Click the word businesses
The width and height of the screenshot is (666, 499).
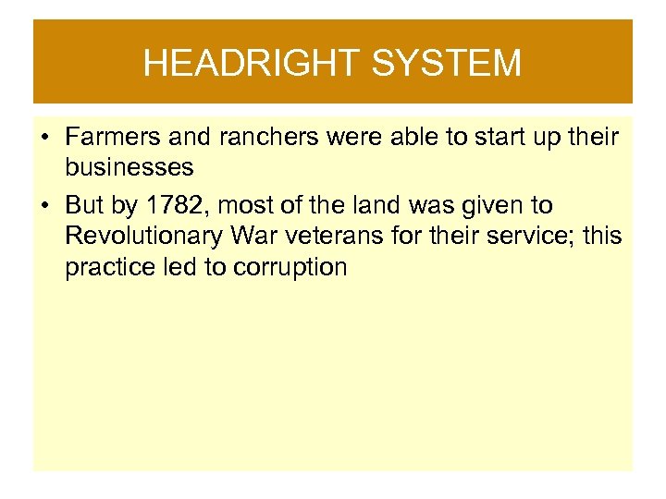pos(129,167)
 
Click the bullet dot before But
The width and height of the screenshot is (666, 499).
pos(44,206)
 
